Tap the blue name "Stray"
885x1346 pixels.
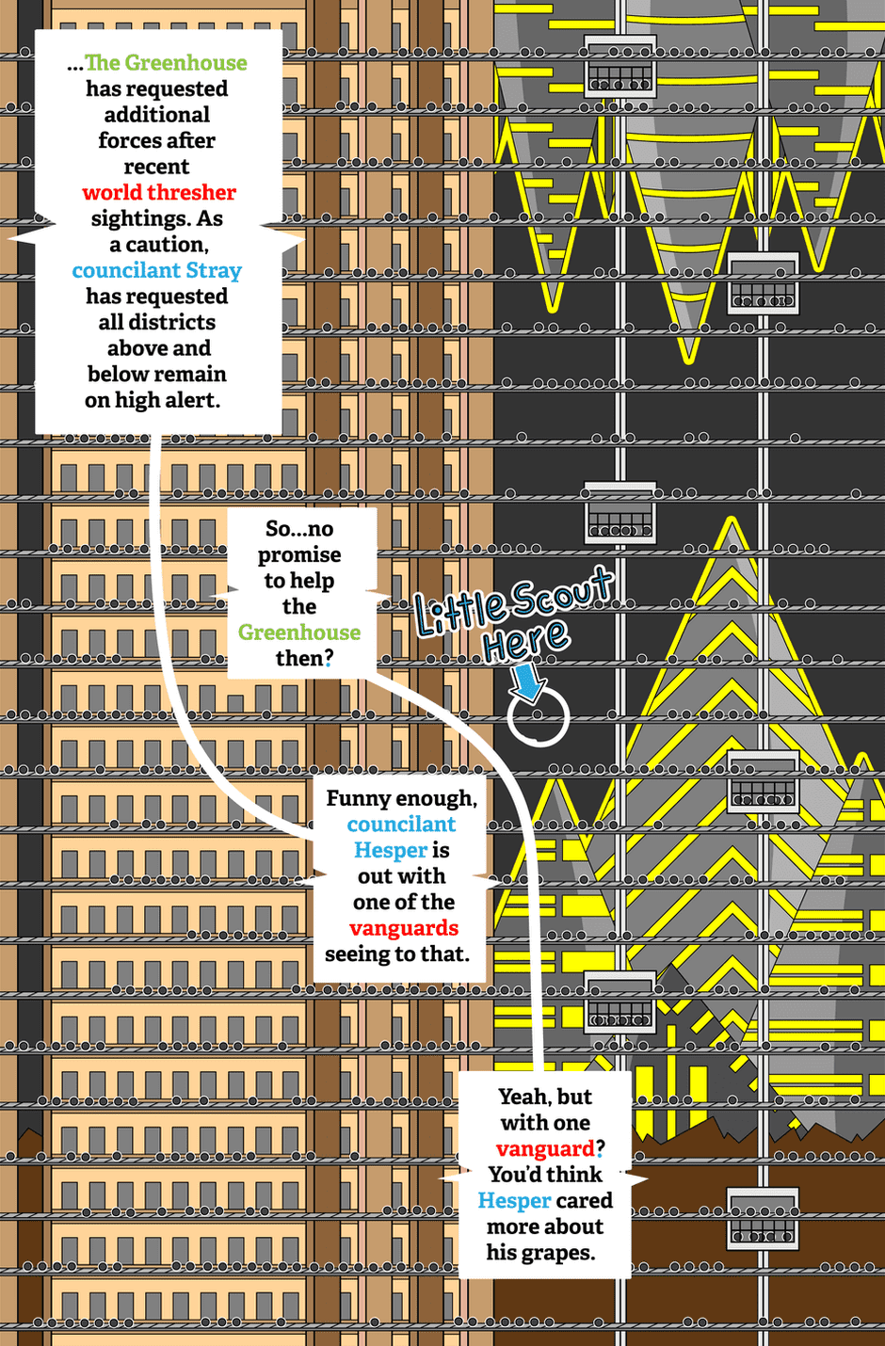[214, 271]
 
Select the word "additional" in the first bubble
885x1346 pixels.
[157, 114]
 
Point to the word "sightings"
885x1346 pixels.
[139, 218]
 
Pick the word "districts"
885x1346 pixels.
[157, 322]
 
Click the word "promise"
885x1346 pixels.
[299, 555]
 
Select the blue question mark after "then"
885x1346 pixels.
[329, 659]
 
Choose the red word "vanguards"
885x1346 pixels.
[404, 928]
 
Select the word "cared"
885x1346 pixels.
[584, 1201]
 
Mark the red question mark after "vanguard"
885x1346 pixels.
[600, 1148]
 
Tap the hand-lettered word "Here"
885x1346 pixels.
[525, 641]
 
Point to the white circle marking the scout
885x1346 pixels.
[539, 715]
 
